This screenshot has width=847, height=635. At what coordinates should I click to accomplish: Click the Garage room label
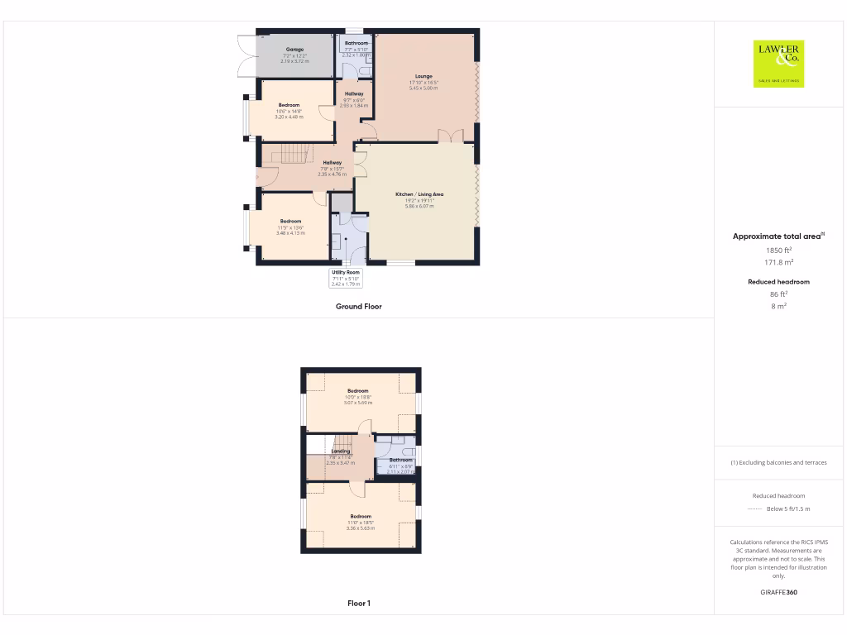tap(294, 50)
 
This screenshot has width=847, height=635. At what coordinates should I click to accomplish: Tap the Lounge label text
tap(423, 76)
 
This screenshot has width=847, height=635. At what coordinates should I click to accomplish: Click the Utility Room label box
tap(346, 278)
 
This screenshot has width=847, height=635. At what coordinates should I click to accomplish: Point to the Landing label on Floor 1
tap(340, 451)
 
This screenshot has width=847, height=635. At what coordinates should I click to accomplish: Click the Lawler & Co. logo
tap(778, 64)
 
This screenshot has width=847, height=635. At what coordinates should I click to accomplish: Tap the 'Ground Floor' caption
tap(358, 306)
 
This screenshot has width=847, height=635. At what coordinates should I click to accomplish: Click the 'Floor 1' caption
tap(358, 604)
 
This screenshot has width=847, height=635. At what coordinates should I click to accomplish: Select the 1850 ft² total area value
tap(778, 250)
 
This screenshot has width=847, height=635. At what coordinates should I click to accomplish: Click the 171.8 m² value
tap(778, 262)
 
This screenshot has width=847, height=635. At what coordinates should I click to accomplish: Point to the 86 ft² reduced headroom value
tap(778, 294)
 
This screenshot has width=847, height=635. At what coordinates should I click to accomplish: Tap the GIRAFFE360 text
tap(778, 592)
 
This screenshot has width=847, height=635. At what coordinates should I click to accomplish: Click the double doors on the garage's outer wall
tap(245, 55)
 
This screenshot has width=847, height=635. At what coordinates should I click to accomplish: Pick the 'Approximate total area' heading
tap(778, 236)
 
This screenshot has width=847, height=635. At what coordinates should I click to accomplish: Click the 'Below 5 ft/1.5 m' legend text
tap(788, 509)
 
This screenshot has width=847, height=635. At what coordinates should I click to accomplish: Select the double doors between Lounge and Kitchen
tap(450, 136)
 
